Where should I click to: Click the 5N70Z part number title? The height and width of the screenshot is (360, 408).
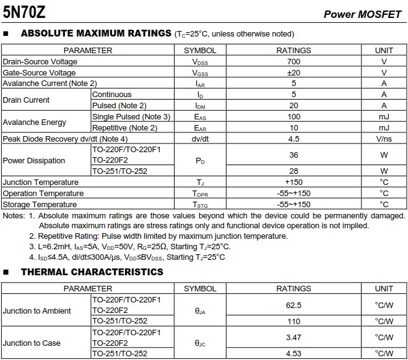(24, 12)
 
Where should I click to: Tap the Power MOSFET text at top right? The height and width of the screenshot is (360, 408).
(363, 14)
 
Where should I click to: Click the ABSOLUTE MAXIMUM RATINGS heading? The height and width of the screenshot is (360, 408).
(96, 33)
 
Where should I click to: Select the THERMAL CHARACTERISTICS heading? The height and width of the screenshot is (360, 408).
(92, 272)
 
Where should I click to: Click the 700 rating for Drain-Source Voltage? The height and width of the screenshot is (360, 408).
(293, 62)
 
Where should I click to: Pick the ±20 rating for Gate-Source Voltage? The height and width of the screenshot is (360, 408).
(293, 72)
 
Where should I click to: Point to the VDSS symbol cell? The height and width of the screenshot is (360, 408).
(200, 62)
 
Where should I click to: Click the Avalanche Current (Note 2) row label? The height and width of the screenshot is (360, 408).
(50, 84)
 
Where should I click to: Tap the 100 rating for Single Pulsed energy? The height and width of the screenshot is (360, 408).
(293, 117)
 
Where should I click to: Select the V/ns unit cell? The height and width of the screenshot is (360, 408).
(384, 139)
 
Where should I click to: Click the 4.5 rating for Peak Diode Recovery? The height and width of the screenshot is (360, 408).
(293, 139)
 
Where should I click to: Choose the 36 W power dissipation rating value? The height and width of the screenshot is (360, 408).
(293, 155)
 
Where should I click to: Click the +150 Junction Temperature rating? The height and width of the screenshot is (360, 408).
(293, 182)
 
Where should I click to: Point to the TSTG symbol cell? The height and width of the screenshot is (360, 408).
(200, 205)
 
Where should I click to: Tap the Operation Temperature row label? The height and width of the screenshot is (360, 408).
(43, 194)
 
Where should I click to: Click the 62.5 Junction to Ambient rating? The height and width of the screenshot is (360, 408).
(293, 305)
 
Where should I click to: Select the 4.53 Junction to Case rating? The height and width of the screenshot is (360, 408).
(293, 354)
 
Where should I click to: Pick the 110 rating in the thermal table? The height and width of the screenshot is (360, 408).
(293, 322)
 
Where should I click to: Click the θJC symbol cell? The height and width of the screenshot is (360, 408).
(200, 343)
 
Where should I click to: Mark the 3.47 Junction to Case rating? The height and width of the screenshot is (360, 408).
(293, 337)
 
